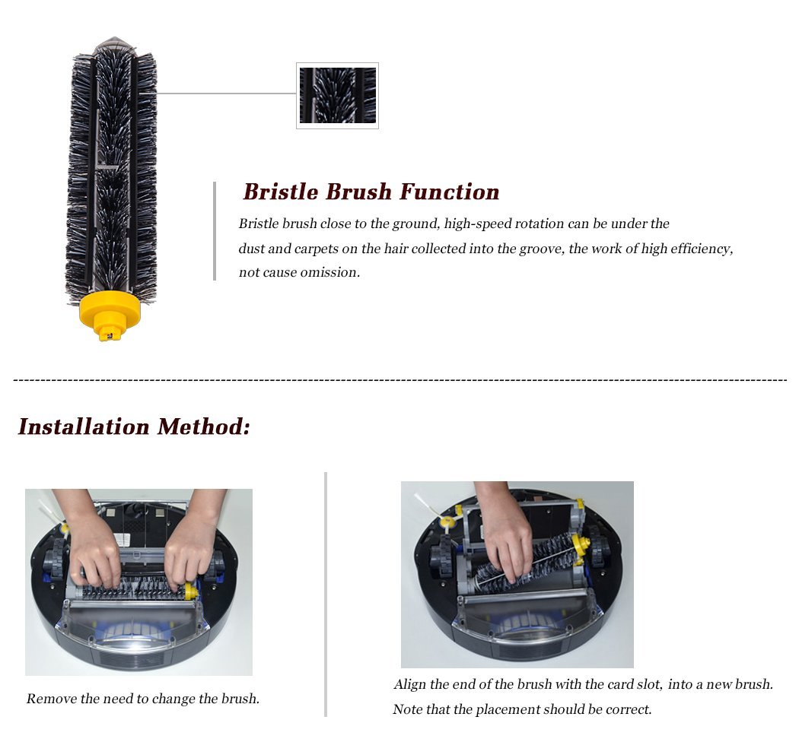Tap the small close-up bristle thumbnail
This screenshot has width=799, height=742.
click(x=337, y=96)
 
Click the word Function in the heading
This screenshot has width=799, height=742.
click(x=450, y=192)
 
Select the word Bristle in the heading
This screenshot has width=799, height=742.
click(x=281, y=192)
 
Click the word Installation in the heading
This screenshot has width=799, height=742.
click(x=84, y=426)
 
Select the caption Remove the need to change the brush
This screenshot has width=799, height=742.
click(x=143, y=699)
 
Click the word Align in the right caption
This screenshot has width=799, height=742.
click(x=411, y=684)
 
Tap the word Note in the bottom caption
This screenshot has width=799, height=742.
click(x=407, y=710)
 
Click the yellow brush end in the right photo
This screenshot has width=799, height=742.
click(x=580, y=544)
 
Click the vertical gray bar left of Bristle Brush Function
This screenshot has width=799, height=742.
click(x=215, y=231)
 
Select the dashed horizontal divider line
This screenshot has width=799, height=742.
click(x=399, y=379)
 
